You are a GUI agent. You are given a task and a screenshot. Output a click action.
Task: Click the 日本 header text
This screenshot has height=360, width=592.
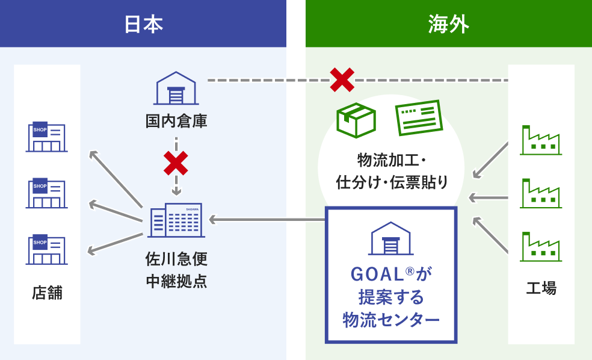[x=143, y=24]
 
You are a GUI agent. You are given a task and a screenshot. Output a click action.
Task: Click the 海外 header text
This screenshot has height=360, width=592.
[x=449, y=24]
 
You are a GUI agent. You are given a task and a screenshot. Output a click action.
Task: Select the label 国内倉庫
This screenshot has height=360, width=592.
[x=176, y=121]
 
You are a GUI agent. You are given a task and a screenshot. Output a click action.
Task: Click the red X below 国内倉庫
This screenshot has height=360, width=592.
[x=176, y=163]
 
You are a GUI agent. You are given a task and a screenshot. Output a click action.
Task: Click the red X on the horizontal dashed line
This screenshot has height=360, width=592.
[x=342, y=80]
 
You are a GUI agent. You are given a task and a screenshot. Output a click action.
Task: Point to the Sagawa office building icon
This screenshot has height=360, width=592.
[x=175, y=220]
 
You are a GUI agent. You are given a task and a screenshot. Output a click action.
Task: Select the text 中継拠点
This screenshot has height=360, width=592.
[x=176, y=281]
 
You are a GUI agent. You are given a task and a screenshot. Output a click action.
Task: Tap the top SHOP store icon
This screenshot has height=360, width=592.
[x=47, y=137]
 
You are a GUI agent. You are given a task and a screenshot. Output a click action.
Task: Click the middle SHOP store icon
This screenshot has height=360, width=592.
[x=47, y=193]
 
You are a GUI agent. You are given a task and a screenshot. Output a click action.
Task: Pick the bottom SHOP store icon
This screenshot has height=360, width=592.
[x=47, y=250]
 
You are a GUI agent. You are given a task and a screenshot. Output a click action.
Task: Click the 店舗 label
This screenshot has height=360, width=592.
[x=47, y=294]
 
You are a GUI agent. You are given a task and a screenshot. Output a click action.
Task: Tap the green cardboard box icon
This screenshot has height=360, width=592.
[x=356, y=120]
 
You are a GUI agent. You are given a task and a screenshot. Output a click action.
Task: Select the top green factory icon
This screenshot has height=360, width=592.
[x=540, y=140]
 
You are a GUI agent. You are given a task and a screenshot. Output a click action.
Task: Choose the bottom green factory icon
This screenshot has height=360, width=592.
[x=540, y=246]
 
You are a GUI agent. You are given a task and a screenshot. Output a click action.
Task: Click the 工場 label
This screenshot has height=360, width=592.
[x=541, y=288]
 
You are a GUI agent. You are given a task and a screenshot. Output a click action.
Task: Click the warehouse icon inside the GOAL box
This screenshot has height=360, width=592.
[x=391, y=238]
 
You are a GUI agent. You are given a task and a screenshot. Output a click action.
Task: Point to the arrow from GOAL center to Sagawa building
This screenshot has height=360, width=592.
[x=267, y=220]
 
